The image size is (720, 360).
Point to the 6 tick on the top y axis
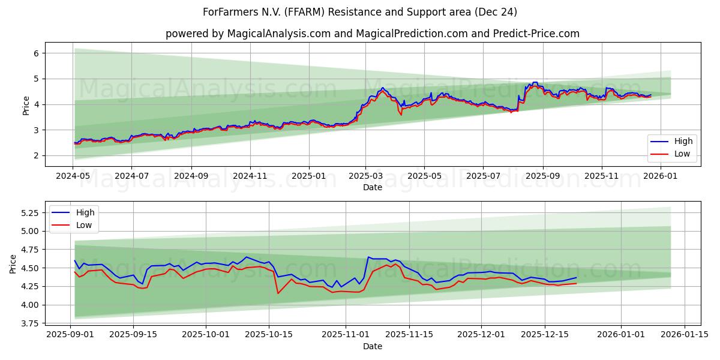click(x=36, y=53)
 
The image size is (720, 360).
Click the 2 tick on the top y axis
click(x=36, y=155)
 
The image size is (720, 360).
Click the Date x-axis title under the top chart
click(x=373, y=187)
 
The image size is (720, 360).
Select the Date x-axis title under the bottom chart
click(x=373, y=346)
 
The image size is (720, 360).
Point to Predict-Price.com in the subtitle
click(x=535, y=34)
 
